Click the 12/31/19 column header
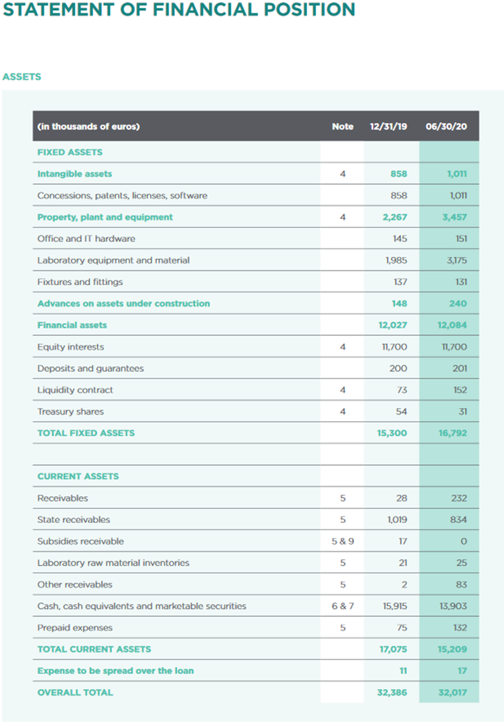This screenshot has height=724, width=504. pos(388,126)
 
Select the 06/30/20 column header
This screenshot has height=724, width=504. pos(446,126)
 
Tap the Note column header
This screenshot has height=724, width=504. pos(343,126)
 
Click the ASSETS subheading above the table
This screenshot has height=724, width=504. pos(22,76)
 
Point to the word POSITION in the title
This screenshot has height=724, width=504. pos(309,9)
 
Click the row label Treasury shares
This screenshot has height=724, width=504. pos(70,411)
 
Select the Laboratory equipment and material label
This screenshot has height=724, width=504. pos(113,260)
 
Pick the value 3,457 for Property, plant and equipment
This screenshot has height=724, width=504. pos(455,217)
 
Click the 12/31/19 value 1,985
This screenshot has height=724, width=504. pos(396,260)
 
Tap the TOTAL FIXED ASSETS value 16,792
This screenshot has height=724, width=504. pos(452,433)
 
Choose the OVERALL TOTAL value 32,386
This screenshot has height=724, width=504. pos(392,692)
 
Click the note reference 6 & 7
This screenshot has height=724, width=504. pos(343,606)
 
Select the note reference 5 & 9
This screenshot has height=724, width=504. pos(343,541)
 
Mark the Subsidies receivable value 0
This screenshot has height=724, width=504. pos(464,541)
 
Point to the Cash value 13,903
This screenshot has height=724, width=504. pos(453,606)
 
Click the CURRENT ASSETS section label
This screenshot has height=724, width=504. pos(78,477)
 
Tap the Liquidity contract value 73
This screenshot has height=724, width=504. pos(402,390)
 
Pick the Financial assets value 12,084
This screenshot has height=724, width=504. pos(452,325)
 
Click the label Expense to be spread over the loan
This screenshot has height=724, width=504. pos(116,671)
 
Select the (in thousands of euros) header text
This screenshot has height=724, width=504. pos(89,126)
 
